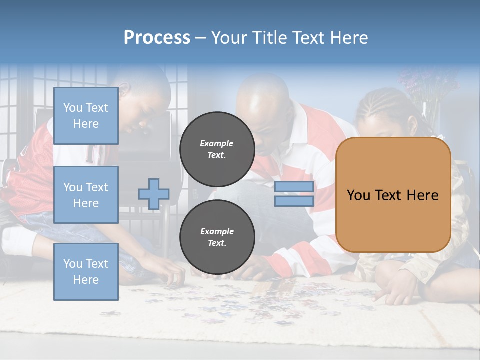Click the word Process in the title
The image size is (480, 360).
point(157,38)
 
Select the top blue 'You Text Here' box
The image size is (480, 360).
point(86,116)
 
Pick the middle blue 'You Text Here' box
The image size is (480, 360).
point(86,195)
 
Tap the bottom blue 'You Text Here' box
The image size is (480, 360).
point(86,271)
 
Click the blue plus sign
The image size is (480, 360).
point(154,194)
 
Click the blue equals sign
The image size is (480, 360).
point(294,194)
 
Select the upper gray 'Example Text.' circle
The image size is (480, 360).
point(217,149)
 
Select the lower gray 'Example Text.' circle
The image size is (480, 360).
point(217,237)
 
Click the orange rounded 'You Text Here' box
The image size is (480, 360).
point(393,195)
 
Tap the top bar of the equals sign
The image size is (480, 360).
point(294,187)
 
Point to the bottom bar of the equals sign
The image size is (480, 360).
point(294,201)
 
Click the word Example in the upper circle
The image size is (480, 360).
point(217,143)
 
